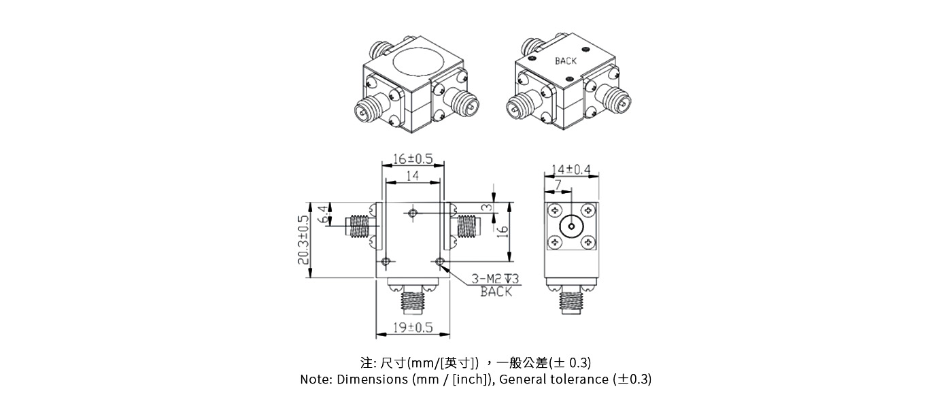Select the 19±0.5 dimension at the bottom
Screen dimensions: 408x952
pos(413,328)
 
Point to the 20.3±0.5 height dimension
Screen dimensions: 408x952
pos(302,239)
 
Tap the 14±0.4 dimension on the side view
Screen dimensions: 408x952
pos(571,169)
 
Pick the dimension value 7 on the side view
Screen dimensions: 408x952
pos(558,185)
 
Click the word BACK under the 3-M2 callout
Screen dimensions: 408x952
pos(496,292)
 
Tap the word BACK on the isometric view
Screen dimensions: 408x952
pos(566,61)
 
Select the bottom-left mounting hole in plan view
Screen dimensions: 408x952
pos(386,262)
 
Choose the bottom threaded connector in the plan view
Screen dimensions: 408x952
pos(413,299)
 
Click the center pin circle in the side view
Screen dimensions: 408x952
pos(571,226)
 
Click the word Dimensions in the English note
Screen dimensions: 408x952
pos(373,379)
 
